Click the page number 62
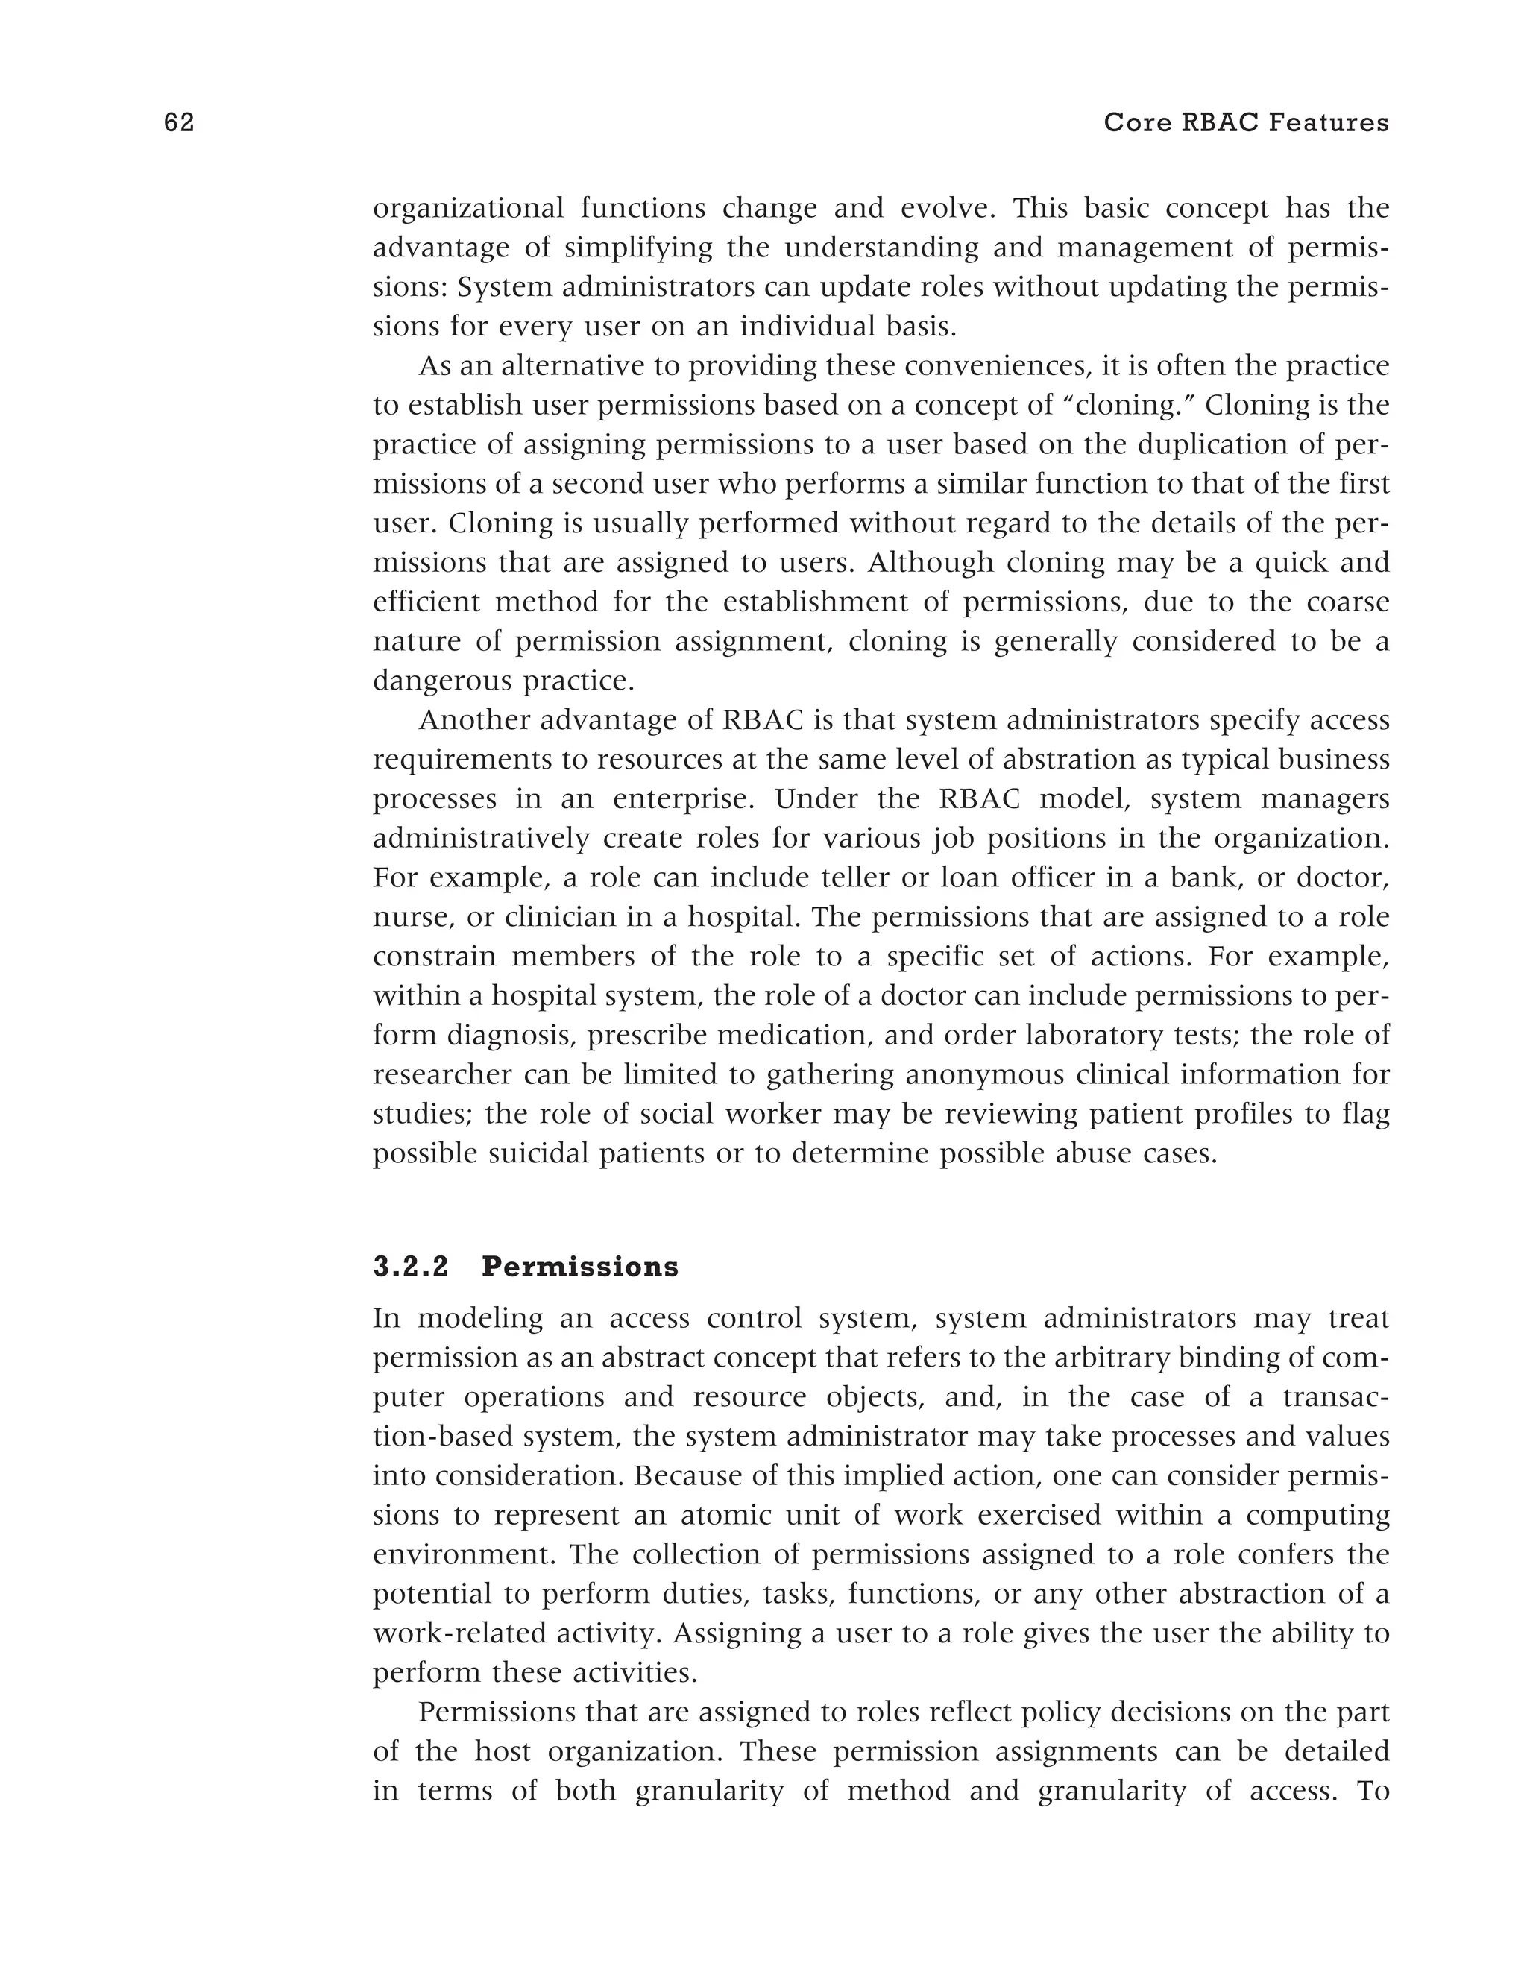[x=180, y=123]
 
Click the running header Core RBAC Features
[x=1246, y=123]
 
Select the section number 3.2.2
[x=411, y=1267]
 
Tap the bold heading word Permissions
[x=579, y=1267]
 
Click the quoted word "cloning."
[x=1126, y=406]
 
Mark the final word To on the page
[x=1373, y=1792]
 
